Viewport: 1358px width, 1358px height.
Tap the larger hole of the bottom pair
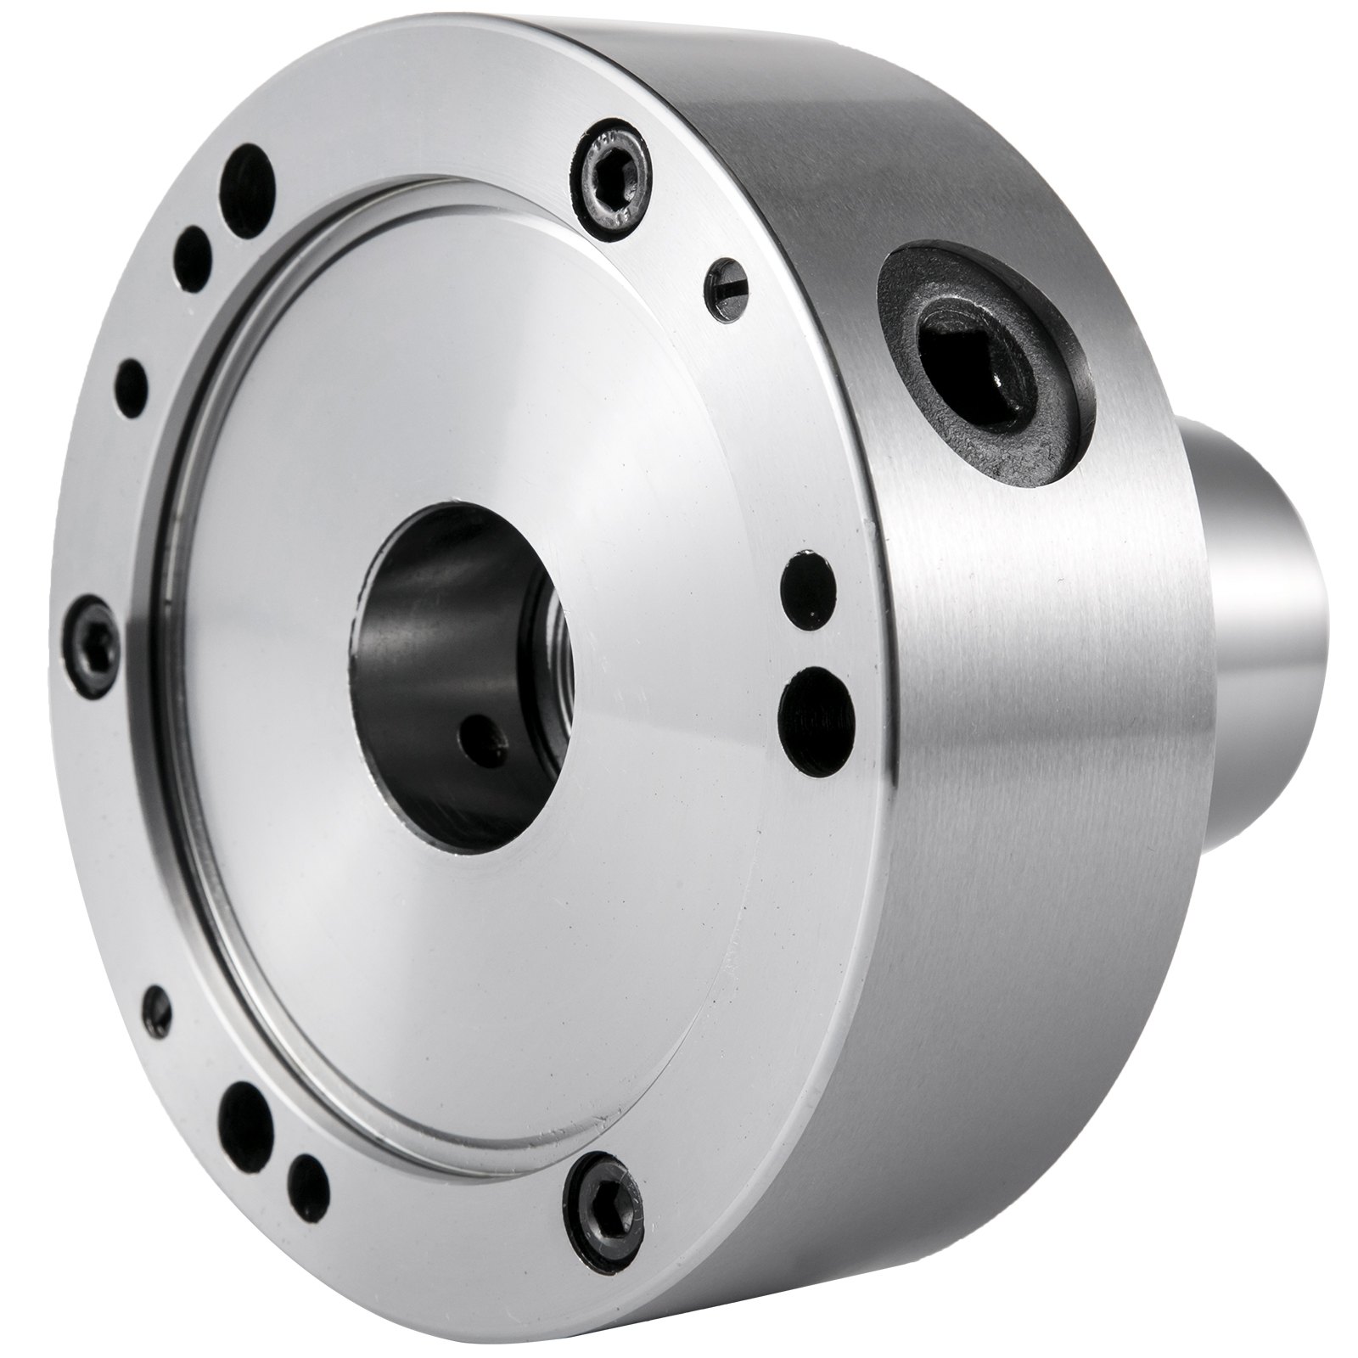pos(243,1112)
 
